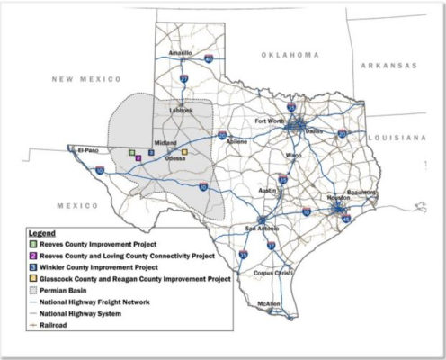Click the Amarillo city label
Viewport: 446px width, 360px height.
click(x=179, y=52)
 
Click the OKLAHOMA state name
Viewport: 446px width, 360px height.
click(x=290, y=55)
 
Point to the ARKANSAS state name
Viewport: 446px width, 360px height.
click(x=389, y=66)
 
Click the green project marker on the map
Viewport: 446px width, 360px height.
click(x=131, y=153)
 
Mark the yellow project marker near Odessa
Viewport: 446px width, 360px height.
click(x=184, y=153)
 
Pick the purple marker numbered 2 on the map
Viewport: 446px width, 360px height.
click(x=138, y=157)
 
